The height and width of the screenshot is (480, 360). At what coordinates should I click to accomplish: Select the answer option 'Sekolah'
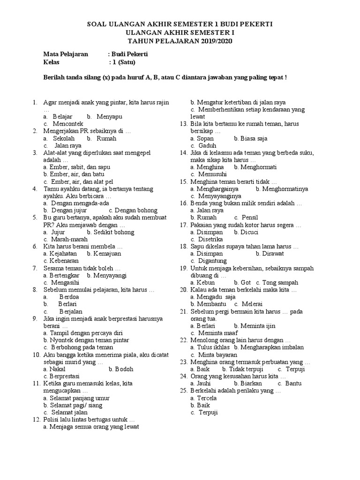tap(64, 138)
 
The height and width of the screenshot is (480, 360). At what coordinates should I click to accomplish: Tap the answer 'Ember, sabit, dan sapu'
tap(76, 167)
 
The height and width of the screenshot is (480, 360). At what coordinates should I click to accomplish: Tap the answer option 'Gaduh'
tap(207, 145)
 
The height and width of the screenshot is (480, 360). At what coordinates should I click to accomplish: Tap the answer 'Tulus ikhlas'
tap(213, 347)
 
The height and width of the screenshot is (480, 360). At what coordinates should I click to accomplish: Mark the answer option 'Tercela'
tap(207, 398)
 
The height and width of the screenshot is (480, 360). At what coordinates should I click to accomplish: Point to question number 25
tap(184, 390)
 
